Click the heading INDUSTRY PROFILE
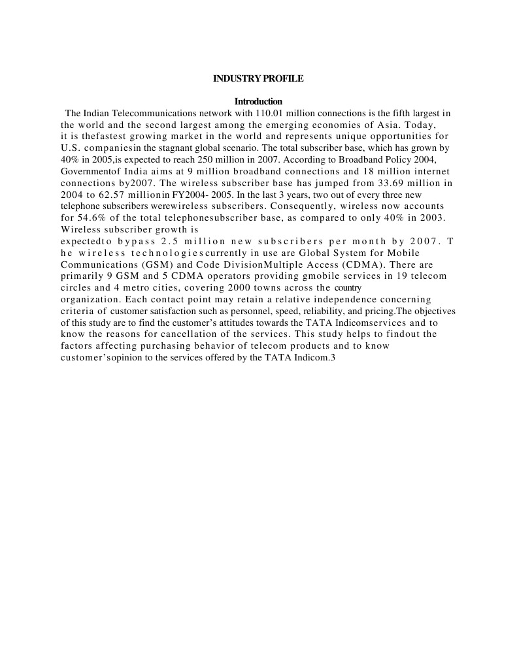click(x=258, y=78)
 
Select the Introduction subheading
click(x=258, y=101)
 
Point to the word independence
click(x=333, y=299)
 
